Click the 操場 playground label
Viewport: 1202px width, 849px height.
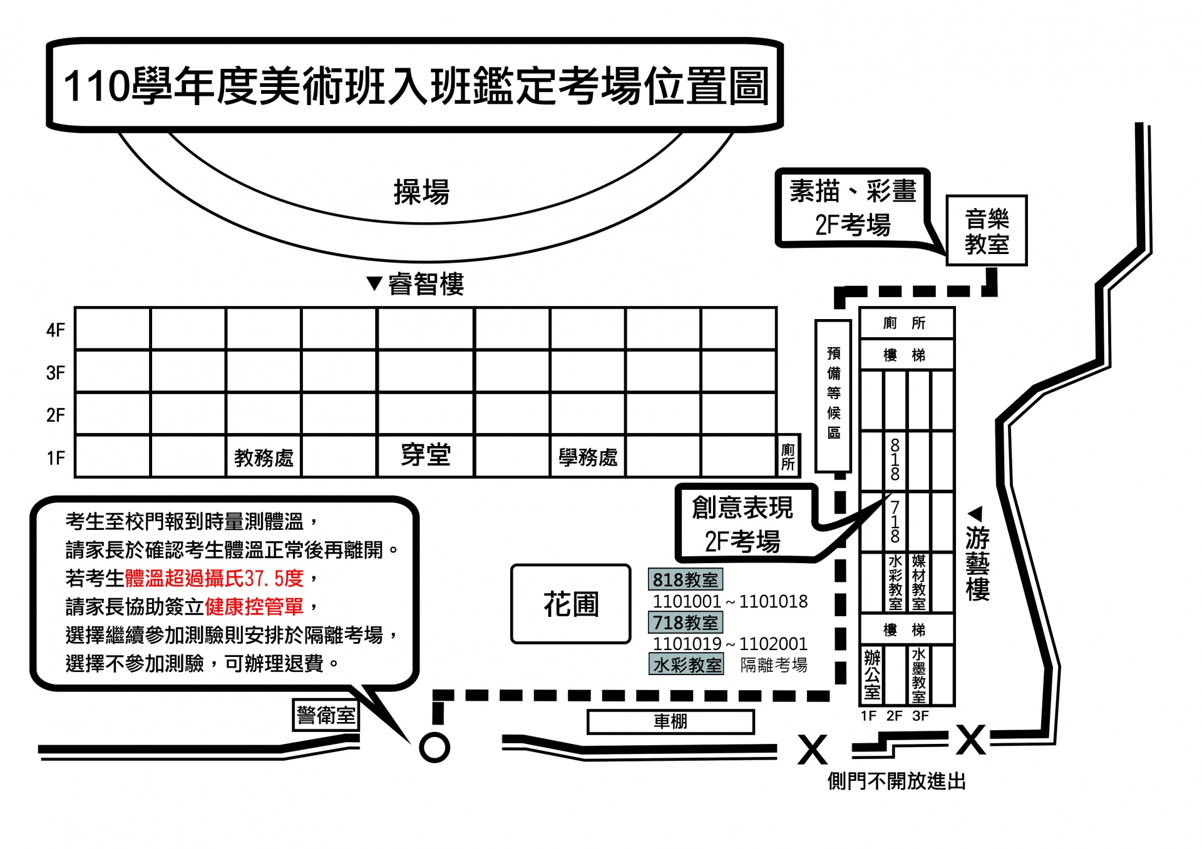(x=421, y=192)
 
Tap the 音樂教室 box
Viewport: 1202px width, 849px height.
(x=986, y=231)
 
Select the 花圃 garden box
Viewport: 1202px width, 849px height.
(x=570, y=604)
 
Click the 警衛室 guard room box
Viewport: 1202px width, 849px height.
(x=326, y=714)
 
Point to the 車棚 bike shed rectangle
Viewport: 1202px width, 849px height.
(x=670, y=722)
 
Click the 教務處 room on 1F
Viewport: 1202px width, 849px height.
(x=264, y=457)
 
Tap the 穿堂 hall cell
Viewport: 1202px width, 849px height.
(x=426, y=455)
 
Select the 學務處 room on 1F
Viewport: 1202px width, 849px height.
(x=588, y=457)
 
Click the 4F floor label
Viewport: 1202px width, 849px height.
(x=55, y=330)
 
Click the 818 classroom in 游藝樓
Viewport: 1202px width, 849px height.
(x=895, y=460)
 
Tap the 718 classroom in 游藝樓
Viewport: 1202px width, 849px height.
(x=895, y=522)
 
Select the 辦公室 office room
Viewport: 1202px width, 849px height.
(x=872, y=674)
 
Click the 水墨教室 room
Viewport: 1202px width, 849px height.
(x=918, y=674)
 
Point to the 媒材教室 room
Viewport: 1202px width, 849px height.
(x=918, y=582)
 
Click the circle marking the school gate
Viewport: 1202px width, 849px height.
(x=434, y=747)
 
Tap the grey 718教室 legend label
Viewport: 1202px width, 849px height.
(x=686, y=623)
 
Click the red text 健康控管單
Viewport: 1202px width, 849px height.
(x=254, y=606)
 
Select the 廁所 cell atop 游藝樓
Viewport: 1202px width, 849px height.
(x=906, y=323)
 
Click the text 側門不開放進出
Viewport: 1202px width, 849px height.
(x=896, y=781)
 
